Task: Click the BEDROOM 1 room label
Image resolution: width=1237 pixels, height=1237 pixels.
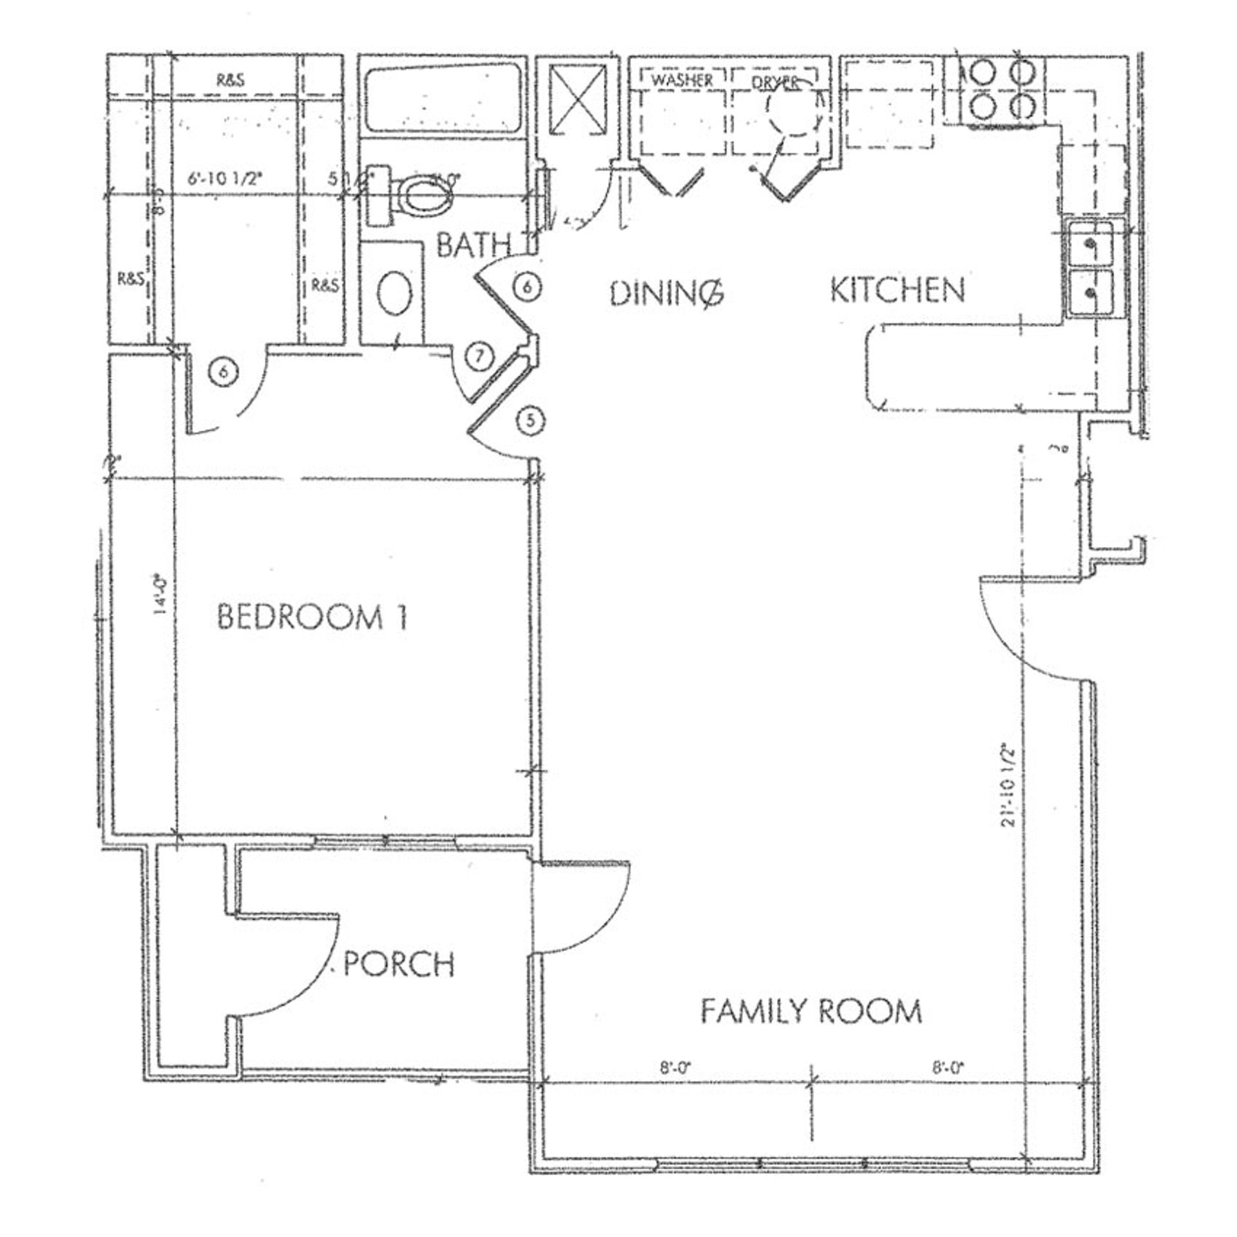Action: (x=312, y=617)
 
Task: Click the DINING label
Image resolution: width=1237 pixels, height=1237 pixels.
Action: (x=667, y=294)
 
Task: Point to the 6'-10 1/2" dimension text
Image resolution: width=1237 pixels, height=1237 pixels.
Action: (x=225, y=180)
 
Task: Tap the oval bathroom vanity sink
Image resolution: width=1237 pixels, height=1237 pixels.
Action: (x=393, y=294)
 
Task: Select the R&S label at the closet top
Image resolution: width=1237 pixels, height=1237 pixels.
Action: (x=230, y=81)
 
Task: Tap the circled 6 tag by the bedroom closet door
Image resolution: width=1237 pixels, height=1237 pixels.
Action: (x=224, y=372)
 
